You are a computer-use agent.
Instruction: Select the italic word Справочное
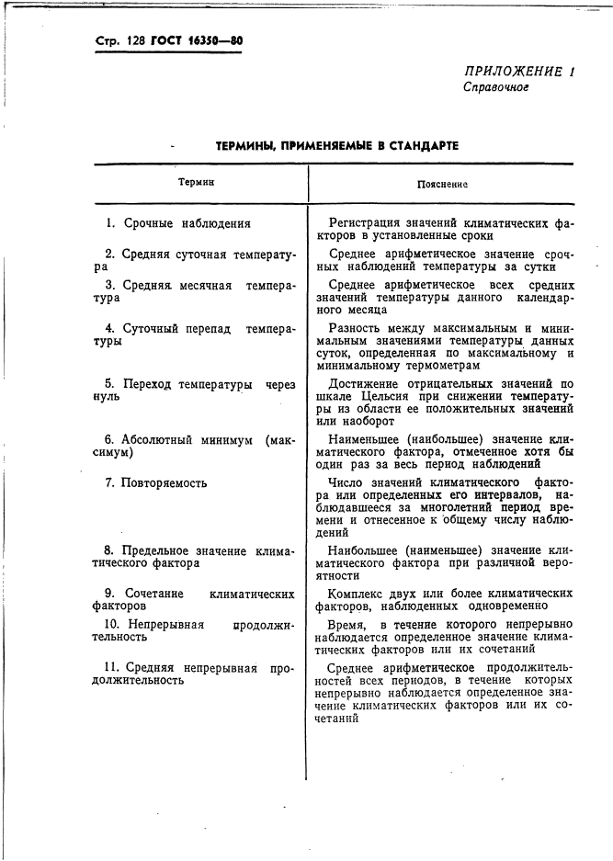(495, 88)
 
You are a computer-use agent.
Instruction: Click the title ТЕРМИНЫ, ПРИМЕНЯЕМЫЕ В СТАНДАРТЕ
(336, 146)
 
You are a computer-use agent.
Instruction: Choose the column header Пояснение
(443, 184)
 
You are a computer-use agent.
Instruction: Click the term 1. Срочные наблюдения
(177, 223)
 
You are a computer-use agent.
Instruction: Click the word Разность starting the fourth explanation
(356, 328)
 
